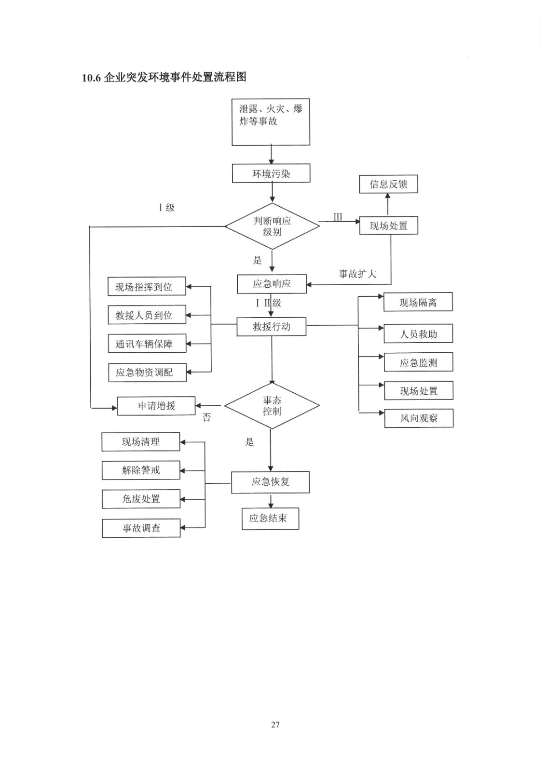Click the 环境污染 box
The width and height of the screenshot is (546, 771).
[x=271, y=173]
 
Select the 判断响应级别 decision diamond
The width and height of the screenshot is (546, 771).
[x=272, y=226]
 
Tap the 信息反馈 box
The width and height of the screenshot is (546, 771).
[x=388, y=184]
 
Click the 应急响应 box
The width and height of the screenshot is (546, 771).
[x=272, y=284]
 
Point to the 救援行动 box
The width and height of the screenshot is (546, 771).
[x=272, y=327]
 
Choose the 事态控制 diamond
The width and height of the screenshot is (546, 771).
[x=272, y=406]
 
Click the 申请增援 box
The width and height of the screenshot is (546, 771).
[x=157, y=406]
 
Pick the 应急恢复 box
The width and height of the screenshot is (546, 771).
[x=270, y=482]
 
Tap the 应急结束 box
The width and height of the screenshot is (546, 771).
[x=270, y=518]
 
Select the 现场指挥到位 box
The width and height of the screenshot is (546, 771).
[x=147, y=287]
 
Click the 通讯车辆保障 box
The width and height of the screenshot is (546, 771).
[x=147, y=344]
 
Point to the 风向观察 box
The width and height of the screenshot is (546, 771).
[x=419, y=418]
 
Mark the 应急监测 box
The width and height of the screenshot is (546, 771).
[x=418, y=362]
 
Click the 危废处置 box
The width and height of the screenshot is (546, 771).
[x=141, y=499]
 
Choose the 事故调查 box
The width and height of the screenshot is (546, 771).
[x=141, y=528]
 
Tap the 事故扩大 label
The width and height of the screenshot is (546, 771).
[x=357, y=274]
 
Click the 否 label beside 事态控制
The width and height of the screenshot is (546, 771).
[x=206, y=418]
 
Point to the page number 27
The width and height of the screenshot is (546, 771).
[x=275, y=724]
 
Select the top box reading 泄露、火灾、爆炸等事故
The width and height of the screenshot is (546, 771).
[x=271, y=122]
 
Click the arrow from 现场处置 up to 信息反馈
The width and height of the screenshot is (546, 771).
[x=388, y=204]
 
